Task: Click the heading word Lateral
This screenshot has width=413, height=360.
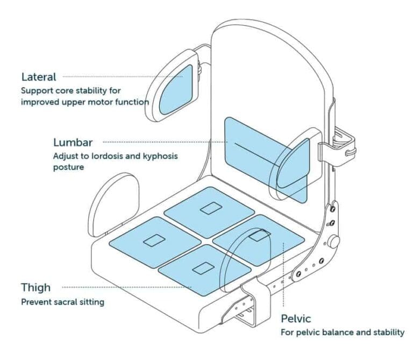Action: (x=38, y=77)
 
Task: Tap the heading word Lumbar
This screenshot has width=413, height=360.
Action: (x=73, y=143)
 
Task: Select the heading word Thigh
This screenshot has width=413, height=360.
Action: (x=35, y=287)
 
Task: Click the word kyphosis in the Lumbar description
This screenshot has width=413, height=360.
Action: (x=158, y=156)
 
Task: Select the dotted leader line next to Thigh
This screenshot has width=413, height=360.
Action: (x=129, y=287)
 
